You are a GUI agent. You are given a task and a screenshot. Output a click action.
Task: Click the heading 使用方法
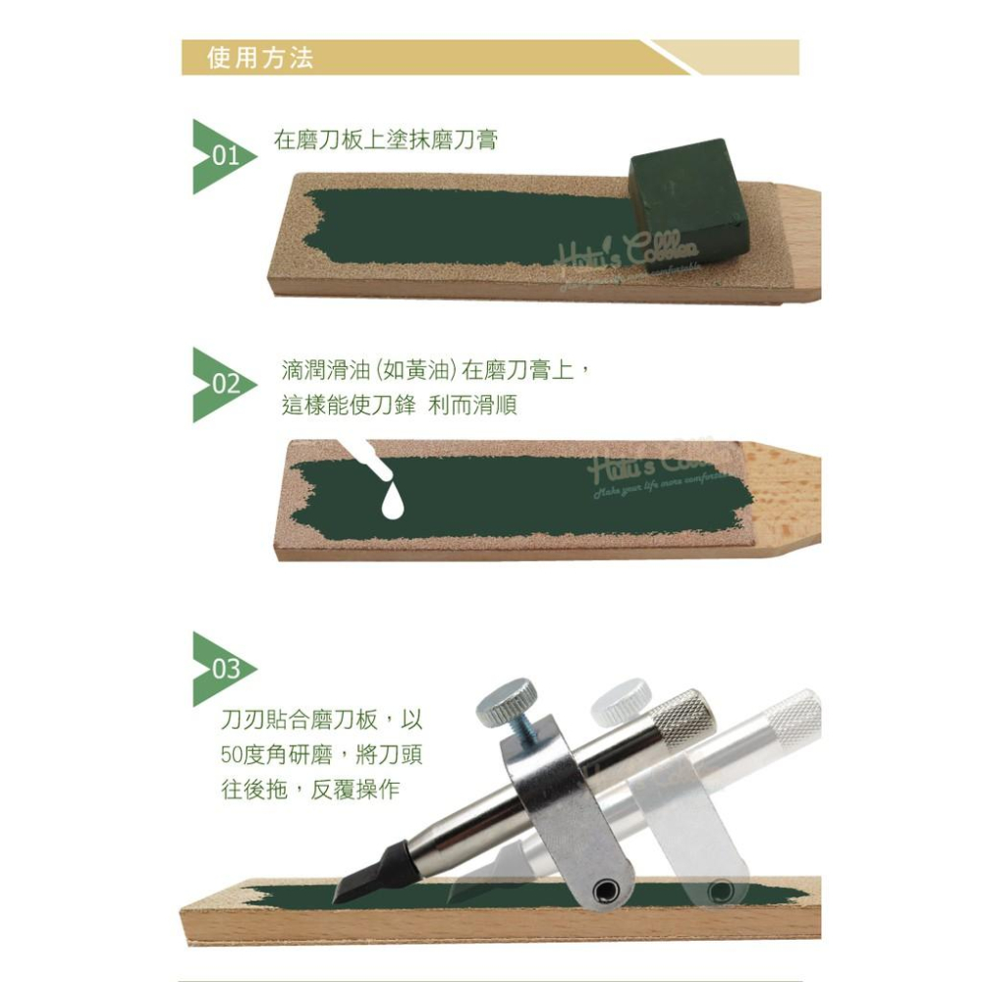click(260, 58)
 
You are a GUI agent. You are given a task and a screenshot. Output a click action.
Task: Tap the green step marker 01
click(221, 156)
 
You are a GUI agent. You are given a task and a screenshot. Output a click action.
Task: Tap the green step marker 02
click(221, 384)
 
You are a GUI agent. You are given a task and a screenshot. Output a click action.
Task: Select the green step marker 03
click(221, 669)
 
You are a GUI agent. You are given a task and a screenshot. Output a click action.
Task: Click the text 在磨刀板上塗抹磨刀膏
click(385, 140)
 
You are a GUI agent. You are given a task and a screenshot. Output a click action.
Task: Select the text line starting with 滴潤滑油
click(435, 370)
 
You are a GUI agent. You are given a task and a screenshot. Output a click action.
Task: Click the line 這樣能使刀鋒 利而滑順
click(399, 405)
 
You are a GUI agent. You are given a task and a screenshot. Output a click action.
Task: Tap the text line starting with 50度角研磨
click(321, 755)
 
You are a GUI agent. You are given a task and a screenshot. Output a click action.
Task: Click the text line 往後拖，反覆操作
click(310, 789)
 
